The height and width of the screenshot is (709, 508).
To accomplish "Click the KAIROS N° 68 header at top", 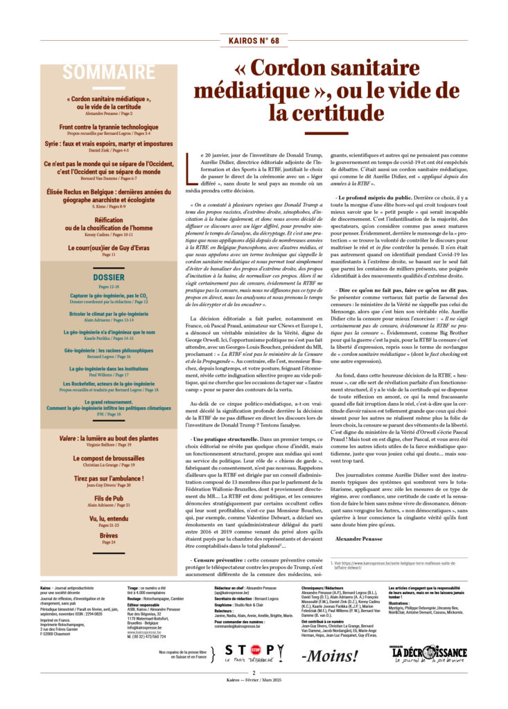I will pyautogui.click(x=254, y=41).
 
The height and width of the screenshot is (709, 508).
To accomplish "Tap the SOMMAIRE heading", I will pyautogui.click(x=109, y=72).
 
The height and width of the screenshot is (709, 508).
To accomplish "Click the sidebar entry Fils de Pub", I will pyautogui.click(x=109, y=497).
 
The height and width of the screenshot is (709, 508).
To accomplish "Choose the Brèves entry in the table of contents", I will pyautogui.click(x=109, y=535).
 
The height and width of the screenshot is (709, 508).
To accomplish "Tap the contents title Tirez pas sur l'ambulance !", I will pyautogui.click(x=109, y=478).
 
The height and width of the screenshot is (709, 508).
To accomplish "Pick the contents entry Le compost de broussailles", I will pyautogui.click(x=109, y=458).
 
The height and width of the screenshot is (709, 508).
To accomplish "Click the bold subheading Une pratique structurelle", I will pyautogui.click(x=222, y=440).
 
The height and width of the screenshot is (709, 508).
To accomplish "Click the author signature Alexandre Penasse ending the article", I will pyautogui.click(x=359, y=537).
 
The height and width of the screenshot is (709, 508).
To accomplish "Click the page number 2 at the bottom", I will pyautogui.click(x=254, y=691).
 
